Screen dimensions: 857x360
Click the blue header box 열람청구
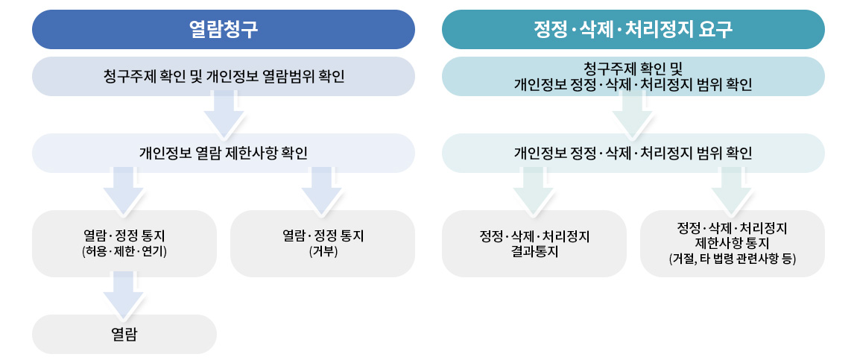click(x=223, y=30)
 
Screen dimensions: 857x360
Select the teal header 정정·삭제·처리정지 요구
click(x=633, y=30)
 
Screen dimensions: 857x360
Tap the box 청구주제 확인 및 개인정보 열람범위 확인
click(x=223, y=77)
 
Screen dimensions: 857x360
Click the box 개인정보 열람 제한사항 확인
click(x=223, y=153)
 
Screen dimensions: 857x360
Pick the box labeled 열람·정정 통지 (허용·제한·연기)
click(x=124, y=244)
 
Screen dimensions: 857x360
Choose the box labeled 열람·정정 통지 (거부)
click(x=323, y=244)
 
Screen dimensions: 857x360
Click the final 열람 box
click(x=124, y=334)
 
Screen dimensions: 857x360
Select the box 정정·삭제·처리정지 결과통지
click(x=534, y=244)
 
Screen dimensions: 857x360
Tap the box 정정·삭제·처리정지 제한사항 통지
click(x=733, y=244)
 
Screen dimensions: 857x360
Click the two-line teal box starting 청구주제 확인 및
click(x=633, y=77)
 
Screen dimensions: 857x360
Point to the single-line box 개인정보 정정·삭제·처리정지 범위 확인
click(x=633, y=153)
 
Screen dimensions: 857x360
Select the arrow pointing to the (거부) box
click(x=321, y=192)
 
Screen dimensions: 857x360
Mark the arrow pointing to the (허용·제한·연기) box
click(x=123, y=192)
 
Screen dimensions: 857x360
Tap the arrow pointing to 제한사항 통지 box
click(x=731, y=192)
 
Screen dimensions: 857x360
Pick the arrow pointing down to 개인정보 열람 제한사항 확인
click(x=224, y=115)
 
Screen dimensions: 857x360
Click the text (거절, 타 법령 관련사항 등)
click(x=733, y=259)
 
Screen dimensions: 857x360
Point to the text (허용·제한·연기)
click(x=124, y=252)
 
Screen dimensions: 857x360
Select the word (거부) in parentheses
click(x=323, y=252)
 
